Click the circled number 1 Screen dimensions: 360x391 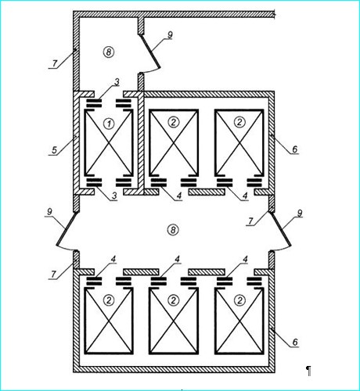click(x=109, y=124)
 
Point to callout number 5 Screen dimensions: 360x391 click(x=54, y=150)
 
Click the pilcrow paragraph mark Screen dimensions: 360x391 click(x=309, y=371)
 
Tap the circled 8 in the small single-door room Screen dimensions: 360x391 click(x=109, y=52)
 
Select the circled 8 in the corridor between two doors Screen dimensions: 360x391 click(x=173, y=230)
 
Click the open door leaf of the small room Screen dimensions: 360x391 click(x=149, y=51)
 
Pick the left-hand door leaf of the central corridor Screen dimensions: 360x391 click(x=67, y=228)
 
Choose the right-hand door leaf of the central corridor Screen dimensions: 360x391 click(x=281, y=229)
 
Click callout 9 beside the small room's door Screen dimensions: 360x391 click(x=170, y=35)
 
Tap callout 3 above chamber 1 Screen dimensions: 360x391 click(x=117, y=82)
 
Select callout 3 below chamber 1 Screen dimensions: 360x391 click(x=114, y=196)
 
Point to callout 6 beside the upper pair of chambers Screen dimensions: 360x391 click(x=295, y=149)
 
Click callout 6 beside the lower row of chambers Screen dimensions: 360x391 click(x=295, y=342)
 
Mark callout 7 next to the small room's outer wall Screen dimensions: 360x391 click(x=54, y=63)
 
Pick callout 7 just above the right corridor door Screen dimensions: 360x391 click(x=250, y=221)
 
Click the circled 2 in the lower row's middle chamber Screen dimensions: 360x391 click(x=173, y=300)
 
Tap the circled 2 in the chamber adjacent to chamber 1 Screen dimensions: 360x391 click(x=173, y=122)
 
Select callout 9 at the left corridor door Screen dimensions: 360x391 click(x=49, y=212)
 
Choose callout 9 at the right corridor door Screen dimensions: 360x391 click(x=300, y=213)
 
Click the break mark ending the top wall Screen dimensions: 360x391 click(x=274, y=14)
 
